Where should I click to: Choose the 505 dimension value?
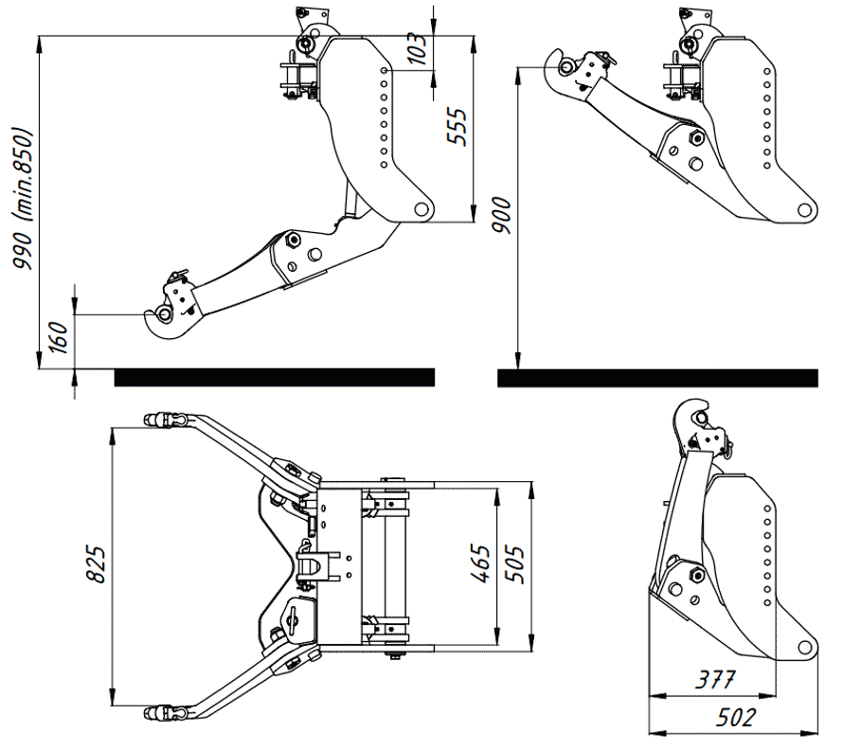click(x=513, y=565)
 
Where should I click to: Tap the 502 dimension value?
click(x=736, y=717)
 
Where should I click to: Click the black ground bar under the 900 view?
click(x=656, y=378)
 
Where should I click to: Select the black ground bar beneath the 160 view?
click(x=275, y=378)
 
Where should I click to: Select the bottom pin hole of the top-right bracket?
click(x=803, y=209)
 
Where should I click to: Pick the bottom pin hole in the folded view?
click(x=803, y=648)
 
